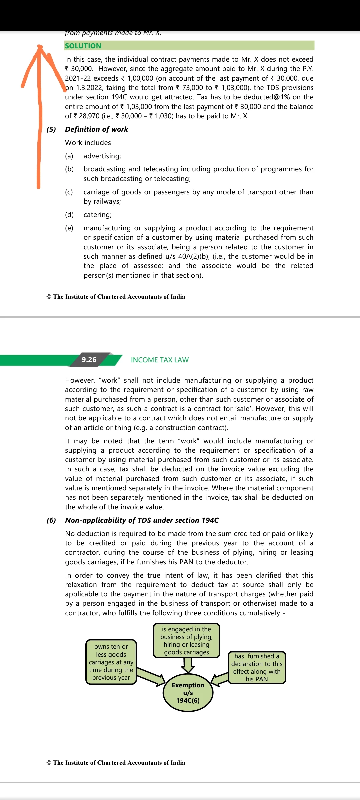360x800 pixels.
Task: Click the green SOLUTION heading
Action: tap(83, 46)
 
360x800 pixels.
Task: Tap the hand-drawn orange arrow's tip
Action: tap(40, 47)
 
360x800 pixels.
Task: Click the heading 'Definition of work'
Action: tap(96, 129)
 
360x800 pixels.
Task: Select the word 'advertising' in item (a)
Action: tap(102, 156)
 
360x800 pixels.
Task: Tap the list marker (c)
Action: tap(69, 192)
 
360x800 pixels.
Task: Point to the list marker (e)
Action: tap(69, 228)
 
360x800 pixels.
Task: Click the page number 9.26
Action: tap(89, 360)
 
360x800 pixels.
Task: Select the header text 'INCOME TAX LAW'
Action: tap(160, 360)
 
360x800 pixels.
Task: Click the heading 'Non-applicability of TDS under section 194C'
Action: tap(142, 520)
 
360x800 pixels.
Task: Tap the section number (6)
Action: tap(51, 520)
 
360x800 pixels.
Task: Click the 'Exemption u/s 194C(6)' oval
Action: tap(188, 693)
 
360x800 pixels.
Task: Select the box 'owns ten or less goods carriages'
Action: tap(111, 662)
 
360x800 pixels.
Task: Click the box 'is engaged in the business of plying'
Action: tap(186, 640)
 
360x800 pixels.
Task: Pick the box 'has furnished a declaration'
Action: tap(257, 667)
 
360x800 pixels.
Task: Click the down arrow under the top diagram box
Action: tap(188, 665)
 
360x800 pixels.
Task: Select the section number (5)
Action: tap(51, 129)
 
